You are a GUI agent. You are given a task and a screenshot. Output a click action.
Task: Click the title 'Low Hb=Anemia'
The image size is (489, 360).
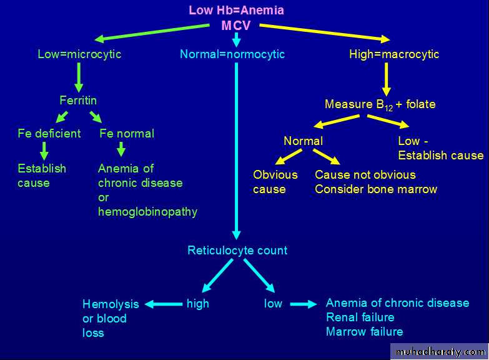(x=236, y=11)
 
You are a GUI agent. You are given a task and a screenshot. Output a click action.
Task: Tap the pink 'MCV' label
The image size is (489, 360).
(x=236, y=26)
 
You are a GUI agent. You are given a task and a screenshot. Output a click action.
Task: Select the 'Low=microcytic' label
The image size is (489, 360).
(x=79, y=54)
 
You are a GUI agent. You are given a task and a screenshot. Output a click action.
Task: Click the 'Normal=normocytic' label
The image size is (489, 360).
(x=232, y=54)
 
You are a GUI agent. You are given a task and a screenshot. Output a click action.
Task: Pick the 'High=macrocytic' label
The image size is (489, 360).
(x=394, y=54)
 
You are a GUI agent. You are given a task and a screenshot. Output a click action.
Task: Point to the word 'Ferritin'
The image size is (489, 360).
(x=78, y=100)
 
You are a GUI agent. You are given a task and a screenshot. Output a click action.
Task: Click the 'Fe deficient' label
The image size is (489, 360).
(x=49, y=133)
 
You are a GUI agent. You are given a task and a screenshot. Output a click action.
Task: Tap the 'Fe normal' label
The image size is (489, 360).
(x=127, y=133)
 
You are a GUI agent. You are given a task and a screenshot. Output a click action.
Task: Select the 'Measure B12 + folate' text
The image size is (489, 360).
(x=380, y=104)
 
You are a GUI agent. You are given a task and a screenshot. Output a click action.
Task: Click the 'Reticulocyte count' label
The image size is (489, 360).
(x=237, y=251)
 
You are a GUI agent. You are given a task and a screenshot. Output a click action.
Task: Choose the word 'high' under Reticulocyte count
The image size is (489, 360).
(x=198, y=304)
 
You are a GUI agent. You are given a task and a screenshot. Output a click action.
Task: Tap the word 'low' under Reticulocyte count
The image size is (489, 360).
(x=273, y=304)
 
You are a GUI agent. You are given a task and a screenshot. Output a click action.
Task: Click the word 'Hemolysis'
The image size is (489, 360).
(x=111, y=304)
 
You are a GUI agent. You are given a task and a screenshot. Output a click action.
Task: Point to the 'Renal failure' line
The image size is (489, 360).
(x=360, y=317)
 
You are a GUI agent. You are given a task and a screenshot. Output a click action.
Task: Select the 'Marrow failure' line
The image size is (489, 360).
(x=365, y=332)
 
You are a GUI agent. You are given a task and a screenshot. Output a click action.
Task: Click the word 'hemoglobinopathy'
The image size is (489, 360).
(x=147, y=212)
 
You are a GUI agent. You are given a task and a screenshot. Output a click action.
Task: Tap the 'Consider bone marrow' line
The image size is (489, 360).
(x=376, y=189)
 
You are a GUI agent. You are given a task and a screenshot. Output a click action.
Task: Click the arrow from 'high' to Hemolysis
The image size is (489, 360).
(x=164, y=304)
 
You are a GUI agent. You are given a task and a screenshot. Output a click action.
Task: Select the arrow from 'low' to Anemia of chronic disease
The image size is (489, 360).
(x=304, y=304)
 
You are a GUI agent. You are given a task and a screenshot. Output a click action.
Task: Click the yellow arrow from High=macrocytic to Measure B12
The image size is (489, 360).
(x=387, y=78)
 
